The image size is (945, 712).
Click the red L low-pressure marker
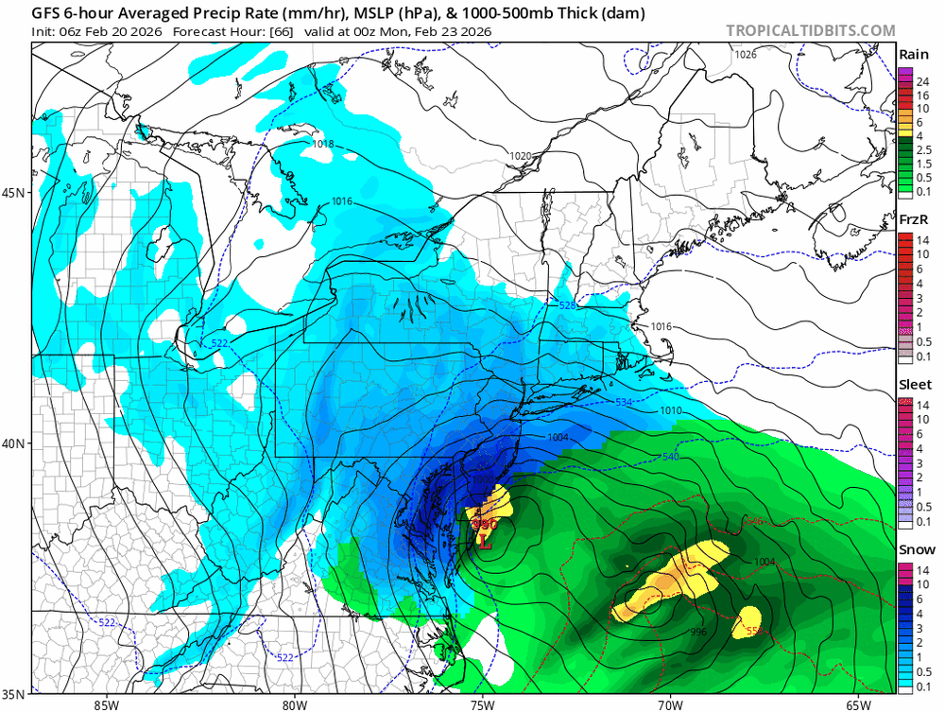pyautogui.click(x=485, y=542)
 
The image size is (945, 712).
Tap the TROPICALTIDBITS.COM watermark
pyautogui.click(x=811, y=30)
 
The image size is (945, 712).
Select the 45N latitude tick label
pyautogui.click(x=15, y=193)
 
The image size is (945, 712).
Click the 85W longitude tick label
pyautogui.click(x=107, y=704)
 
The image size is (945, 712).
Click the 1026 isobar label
pyautogui.click(x=747, y=55)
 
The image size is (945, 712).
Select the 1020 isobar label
pyautogui.click(x=521, y=155)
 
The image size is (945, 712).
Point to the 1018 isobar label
pyautogui.click(x=323, y=144)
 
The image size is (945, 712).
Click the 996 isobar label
pyautogui.click(x=698, y=633)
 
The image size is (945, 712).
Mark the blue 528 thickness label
pyautogui.click(x=567, y=306)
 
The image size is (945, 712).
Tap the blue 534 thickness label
pyautogui.click(x=624, y=403)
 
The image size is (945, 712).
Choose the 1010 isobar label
pyautogui.click(x=671, y=411)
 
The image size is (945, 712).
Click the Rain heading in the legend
pyautogui.click(x=914, y=54)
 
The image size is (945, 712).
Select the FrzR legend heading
pyautogui.click(x=914, y=219)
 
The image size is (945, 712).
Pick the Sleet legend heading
pyautogui.click(x=914, y=385)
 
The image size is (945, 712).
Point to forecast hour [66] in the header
pyautogui.click(x=282, y=31)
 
